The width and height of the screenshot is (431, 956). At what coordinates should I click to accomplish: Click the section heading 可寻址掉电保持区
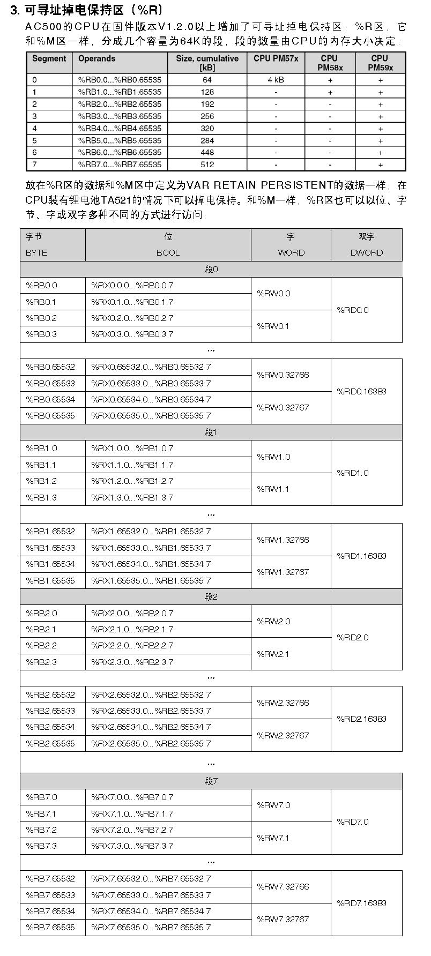tap(86, 10)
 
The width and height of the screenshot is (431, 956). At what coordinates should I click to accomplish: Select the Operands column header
tap(96, 58)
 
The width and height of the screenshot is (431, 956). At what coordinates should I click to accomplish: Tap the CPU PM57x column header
tap(276, 58)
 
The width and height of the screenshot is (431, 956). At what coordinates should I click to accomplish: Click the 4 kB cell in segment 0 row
tap(276, 80)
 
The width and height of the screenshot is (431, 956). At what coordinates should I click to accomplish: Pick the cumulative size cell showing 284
tap(207, 140)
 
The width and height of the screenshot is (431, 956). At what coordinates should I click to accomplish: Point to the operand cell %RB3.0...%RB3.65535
tap(120, 116)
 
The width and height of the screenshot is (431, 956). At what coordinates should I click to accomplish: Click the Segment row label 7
tap(35, 165)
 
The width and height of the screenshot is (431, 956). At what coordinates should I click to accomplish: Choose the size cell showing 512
tap(207, 165)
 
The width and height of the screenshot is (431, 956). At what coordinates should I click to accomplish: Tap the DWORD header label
tap(367, 253)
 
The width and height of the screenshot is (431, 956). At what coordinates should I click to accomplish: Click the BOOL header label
tap(168, 253)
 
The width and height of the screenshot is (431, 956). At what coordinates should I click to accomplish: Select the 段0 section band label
tap(211, 270)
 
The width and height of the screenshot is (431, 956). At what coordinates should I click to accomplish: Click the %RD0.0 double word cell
tap(353, 310)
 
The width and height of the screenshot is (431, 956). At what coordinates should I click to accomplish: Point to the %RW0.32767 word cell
tap(283, 407)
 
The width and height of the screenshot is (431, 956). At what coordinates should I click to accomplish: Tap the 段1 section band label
tap(211, 432)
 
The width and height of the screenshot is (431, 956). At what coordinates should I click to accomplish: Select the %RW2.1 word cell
tap(273, 654)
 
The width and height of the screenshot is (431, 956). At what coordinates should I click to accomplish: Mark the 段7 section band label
tap(211, 781)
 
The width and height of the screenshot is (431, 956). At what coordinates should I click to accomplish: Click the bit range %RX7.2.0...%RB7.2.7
tap(132, 830)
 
